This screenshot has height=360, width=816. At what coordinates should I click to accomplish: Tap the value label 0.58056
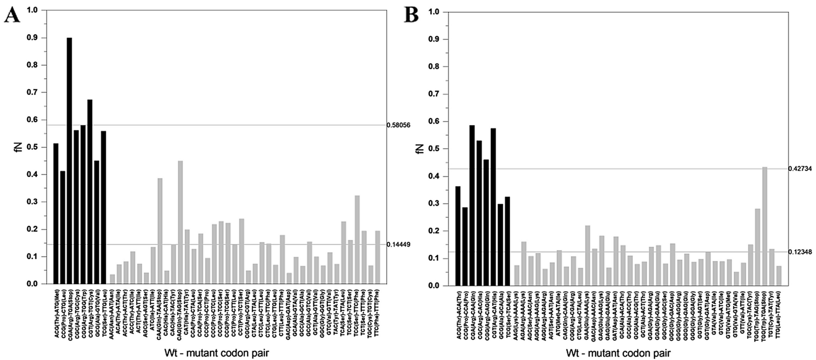pos(398,125)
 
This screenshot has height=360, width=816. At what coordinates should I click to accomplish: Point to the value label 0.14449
pos(398,244)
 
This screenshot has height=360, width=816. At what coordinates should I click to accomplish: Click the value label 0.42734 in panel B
pos(800,169)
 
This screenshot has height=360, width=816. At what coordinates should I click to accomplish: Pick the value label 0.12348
pos(800,252)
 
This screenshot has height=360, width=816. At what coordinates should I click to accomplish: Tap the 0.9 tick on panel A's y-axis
pos(32,38)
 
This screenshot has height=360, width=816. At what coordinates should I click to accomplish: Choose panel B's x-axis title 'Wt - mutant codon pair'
pos(618,353)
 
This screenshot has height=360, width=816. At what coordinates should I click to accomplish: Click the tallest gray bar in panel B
pos(765,226)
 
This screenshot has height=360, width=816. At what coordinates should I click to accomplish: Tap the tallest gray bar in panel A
pos(180,222)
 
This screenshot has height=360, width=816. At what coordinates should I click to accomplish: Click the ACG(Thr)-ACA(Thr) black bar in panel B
pos(458,236)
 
